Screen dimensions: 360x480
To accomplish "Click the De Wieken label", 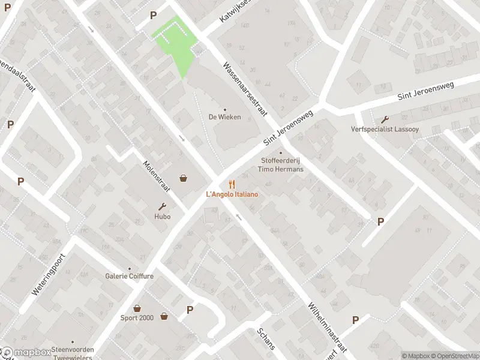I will (225, 117).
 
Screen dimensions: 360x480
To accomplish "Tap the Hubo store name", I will (162, 217).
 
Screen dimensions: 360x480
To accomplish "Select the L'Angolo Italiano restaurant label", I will (232, 194).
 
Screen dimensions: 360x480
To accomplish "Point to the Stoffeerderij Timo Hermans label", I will (280, 165).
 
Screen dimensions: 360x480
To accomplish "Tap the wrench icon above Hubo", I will (162, 206).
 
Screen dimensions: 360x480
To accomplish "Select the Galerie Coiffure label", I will (130, 277).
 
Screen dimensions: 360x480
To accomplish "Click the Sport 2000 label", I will (137, 318).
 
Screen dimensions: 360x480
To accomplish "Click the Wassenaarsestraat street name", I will (244, 91).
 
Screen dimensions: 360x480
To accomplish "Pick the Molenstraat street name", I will (157, 176).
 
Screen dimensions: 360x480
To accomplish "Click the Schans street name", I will (266, 339).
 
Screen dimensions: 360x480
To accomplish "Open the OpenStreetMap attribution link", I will (454, 356).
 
